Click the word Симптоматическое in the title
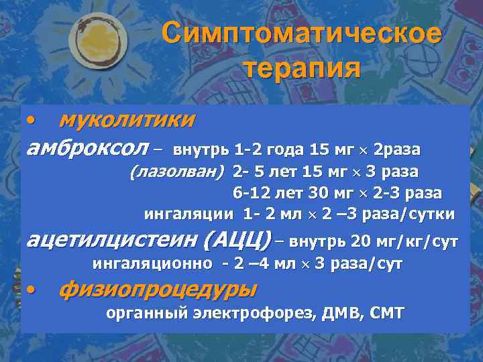[302, 34]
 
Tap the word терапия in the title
[302, 68]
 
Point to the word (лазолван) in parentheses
[177, 172]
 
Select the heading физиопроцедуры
[158, 290]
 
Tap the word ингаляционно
[152, 263]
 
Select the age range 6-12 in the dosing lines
[249, 193]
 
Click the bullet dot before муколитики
[31, 119]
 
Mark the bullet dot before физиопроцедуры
[31, 290]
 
